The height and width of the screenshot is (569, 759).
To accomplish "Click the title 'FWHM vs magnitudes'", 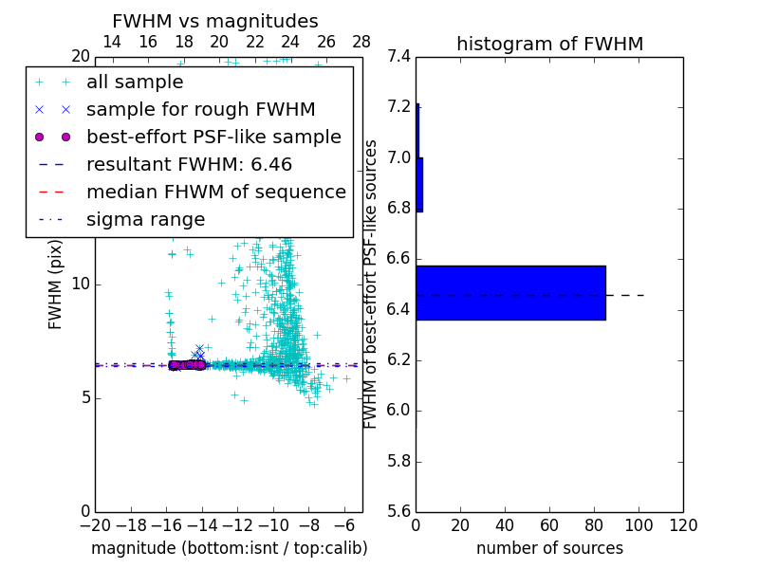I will (x=214, y=21).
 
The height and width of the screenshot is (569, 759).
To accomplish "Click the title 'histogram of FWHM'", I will (x=549, y=44).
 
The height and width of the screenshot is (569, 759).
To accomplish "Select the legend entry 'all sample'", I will (x=135, y=83).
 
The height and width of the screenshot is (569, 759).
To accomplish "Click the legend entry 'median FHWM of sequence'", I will (x=215, y=192).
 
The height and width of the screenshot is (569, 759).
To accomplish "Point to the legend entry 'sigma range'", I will (x=145, y=219).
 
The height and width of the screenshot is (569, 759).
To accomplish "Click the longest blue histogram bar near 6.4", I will (x=510, y=292).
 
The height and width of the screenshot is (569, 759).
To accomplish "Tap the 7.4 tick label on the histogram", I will (x=399, y=56).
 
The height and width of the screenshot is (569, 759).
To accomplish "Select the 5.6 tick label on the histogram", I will (x=399, y=512).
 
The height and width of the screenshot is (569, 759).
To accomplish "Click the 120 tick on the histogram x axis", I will (x=683, y=525).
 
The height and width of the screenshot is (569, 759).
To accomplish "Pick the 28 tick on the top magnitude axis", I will (x=361, y=42).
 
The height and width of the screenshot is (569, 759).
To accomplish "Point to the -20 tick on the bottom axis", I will (x=95, y=525).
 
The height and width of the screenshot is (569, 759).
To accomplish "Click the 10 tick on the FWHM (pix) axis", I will (x=80, y=284).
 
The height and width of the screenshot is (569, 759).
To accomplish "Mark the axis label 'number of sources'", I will (x=549, y=548).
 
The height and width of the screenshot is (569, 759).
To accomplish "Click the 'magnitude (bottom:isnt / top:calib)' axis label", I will (x=229, y=548).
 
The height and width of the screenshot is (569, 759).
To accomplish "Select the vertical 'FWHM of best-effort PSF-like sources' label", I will (x=371, y=284).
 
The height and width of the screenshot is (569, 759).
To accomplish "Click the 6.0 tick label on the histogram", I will (x=399, y=411).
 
